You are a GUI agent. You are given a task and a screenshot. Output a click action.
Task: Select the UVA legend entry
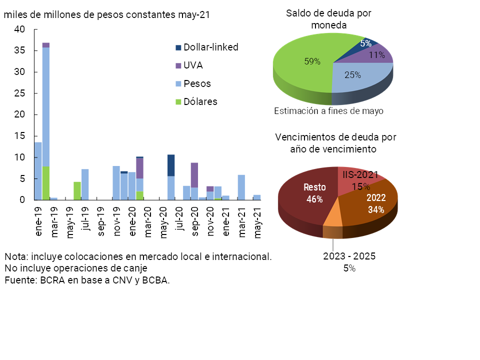188,65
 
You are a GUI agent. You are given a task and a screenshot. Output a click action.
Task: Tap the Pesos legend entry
192,83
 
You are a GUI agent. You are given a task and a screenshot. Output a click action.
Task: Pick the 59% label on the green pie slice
312,61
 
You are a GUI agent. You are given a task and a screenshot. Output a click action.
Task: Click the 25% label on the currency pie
353,75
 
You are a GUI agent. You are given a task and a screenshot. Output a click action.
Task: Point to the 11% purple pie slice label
376,55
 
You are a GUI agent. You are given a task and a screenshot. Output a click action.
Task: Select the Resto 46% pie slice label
315,193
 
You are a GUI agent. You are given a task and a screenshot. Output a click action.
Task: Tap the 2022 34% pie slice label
376,203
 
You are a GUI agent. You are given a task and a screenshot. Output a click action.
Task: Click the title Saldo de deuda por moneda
328,19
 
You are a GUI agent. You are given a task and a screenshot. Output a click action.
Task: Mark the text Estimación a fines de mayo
328,111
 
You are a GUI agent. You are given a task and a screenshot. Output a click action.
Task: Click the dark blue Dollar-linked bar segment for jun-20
171,165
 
